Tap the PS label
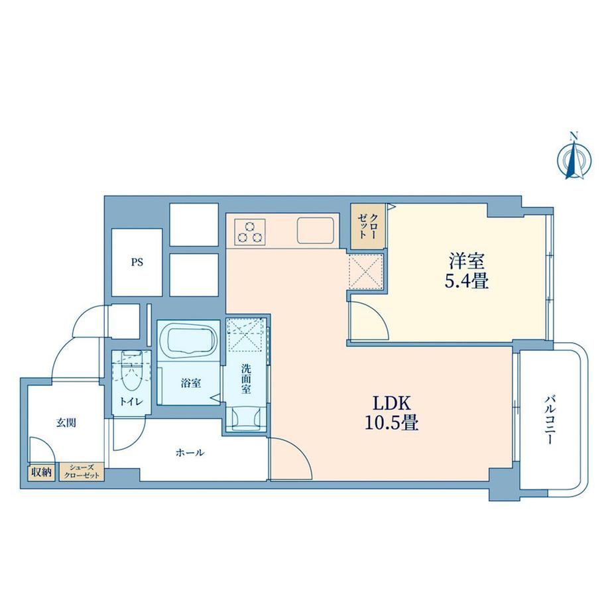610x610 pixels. coord(137,263)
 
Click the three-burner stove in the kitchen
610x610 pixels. coord(250,231)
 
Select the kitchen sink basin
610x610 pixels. coord(316,231)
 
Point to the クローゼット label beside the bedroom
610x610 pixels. coord(367,225)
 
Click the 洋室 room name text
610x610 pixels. coord(467,261)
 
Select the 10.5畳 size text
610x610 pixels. coord(391,422)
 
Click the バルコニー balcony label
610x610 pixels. coord(549,420)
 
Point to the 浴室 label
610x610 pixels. coord(191,383)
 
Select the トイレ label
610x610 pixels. coord(131,402)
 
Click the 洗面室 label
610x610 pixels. coord(246,379)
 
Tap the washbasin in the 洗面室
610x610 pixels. coord(246,418)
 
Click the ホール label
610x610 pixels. coord(190,452)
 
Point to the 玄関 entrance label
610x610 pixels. coord(66,422)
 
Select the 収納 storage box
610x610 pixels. coord(41,473)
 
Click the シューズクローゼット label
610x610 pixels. coord(82,471)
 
